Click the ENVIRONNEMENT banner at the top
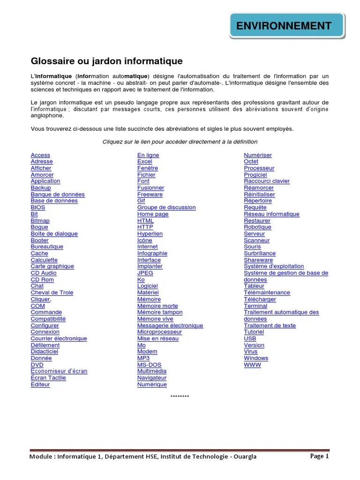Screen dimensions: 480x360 coord(286,26)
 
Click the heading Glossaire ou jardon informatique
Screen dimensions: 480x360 coord(106,61)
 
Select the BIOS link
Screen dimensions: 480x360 coord(38,207)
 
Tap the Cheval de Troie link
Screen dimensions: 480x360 coord(52,292)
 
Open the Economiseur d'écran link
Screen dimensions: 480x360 coord(59,371)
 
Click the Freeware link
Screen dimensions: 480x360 coord(150,194)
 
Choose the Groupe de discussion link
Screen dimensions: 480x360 coord(166,207)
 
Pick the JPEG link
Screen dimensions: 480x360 coord(145,273)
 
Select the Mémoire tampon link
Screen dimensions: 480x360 coord(160,312)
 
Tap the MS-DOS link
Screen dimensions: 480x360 coord(149,364)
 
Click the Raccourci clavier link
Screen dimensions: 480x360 coord(267,181)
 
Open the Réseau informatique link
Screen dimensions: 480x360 coord(271,214)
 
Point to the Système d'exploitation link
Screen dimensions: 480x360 coord(274,266)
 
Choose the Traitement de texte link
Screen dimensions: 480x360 coord(270,325)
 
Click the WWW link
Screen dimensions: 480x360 coord(252,364)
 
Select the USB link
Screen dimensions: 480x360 coord(250,338)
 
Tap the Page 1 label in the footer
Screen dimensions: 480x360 coord(320,456)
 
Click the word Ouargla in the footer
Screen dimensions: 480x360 coord(241,457)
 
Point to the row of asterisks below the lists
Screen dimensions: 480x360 coord(180,397)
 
